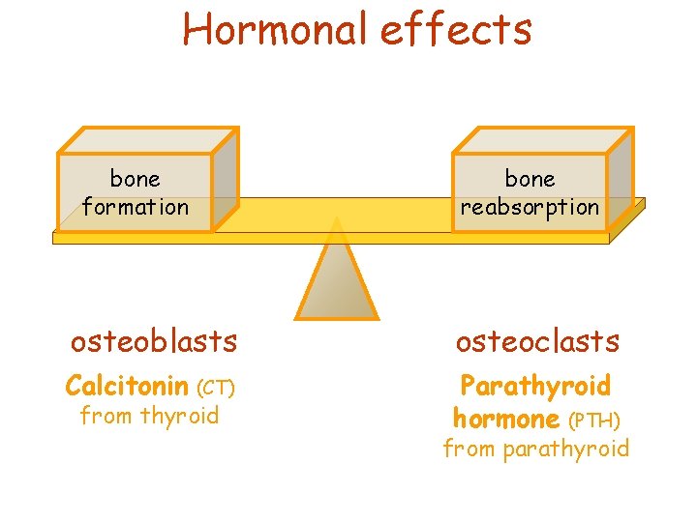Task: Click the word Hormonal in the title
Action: (x=275, y=29)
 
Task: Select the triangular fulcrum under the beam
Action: (x=336, y=276)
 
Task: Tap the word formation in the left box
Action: (x=136, y=207)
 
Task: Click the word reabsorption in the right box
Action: (x=530, y=207)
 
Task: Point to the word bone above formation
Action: (x=136, y=179)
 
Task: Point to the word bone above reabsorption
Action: (x=530, y=179)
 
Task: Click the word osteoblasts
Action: (x=154, y=341)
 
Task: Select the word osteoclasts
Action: (x=537, y=341)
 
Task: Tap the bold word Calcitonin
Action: (x=127, y=387)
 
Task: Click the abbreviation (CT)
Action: (x=216, y=389)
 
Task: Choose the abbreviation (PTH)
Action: (x=593, y=420)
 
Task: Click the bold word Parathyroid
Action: (x=535, y=387)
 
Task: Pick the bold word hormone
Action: (x=506, y=420)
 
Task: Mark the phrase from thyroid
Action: (x=149, y=417)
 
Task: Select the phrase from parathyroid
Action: (x=535, y=449)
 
